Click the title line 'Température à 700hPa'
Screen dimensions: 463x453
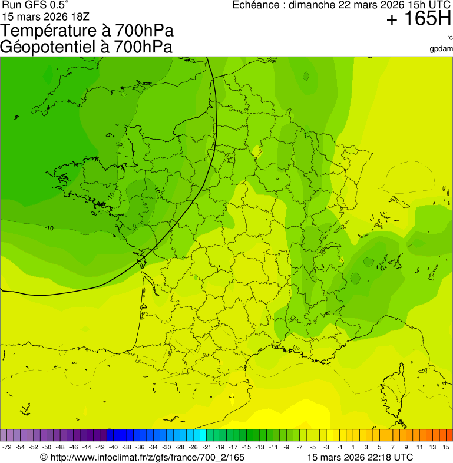[x=87, y=31]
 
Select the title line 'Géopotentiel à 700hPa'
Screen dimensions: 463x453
[x=86, y=47]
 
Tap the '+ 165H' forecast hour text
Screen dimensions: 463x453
[x=419, y=20]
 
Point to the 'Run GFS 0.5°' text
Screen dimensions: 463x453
[x=35, y=5]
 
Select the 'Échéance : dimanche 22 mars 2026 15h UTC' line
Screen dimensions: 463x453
[x=342, y=5]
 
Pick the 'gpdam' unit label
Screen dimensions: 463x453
[x=441, y=48]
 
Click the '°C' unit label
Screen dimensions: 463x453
[x=449, y=38]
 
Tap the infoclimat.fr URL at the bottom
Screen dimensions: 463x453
[x=142, y=457]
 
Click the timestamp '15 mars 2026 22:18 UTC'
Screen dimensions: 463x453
[x=360, y=457]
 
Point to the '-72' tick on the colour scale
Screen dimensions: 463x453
[x=7, y=447]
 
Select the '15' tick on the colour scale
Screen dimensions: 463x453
[x=446, y=447]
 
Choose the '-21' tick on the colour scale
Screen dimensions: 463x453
[x=207, y=447]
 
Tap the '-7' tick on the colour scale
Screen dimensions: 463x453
[x=299, y=447]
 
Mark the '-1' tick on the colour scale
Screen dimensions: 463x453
[x=339, y=447]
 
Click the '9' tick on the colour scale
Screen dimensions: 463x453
[x=406, y=447]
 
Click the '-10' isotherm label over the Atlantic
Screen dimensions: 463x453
[x=49, y=228]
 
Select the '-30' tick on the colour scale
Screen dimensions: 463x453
[x=166, y=447]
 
